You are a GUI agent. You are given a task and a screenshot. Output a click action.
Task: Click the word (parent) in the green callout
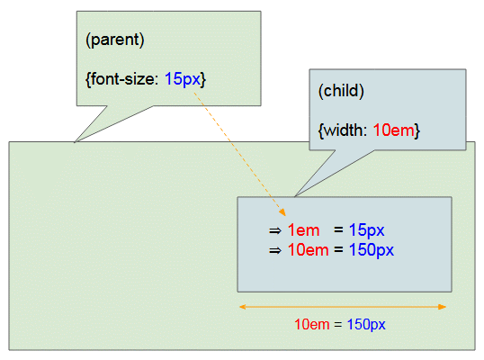coord(115,40)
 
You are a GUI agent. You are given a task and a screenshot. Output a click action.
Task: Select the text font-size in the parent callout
coord(122,79)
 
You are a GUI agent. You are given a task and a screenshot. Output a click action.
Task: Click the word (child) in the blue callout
coord(341,91)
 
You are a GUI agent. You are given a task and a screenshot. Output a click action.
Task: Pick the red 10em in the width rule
coord(393,130)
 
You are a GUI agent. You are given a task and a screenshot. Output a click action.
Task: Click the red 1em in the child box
coord(303,230)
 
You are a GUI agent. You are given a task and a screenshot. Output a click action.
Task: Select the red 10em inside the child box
coord(308,250)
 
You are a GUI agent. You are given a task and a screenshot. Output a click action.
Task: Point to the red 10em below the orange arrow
coord(312,325)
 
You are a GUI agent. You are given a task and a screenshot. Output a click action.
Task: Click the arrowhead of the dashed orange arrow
coord(282,212)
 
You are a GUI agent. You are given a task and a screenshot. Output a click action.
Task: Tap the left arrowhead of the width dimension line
coord(243,307)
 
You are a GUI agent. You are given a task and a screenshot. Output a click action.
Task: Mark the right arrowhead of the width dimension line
coord(443,307)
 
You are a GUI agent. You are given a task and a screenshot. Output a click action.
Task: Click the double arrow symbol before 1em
coord(275,231)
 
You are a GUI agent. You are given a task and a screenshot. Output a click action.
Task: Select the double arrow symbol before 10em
coord(275,250)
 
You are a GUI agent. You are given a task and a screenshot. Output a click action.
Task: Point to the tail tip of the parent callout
coord(75,142)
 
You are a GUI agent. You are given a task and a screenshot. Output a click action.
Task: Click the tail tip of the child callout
coord(295,196)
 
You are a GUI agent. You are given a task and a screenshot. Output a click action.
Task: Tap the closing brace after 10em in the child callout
coord(417,130)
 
